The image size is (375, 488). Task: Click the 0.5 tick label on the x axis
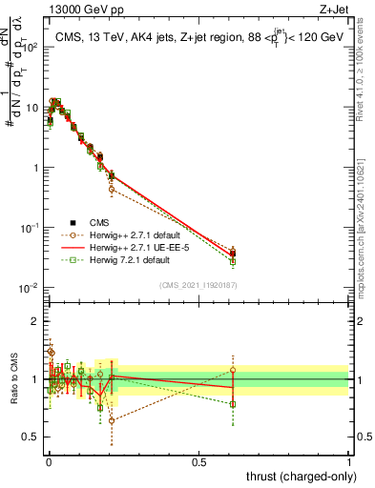(x=198, y=461)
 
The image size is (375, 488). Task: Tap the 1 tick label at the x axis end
(x=349, y=461)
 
